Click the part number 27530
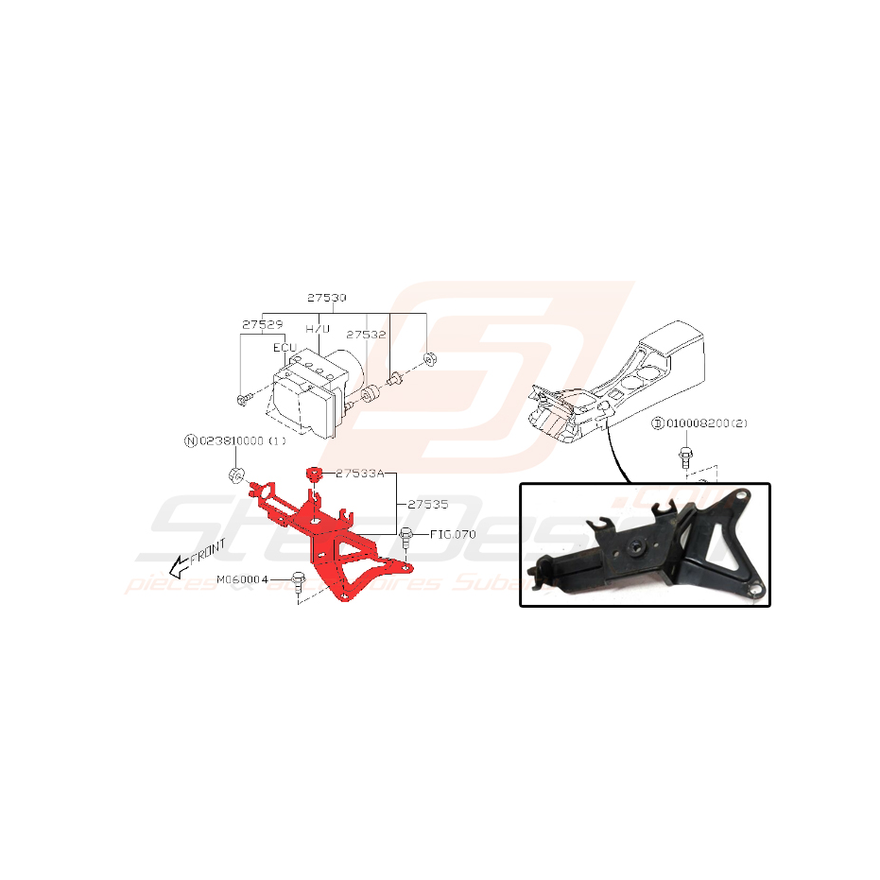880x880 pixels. click(x=326, y=298)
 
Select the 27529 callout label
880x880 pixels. click(x=262, y=323)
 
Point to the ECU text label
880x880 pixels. click(x=285, y=348)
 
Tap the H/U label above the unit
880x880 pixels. click(x=318, y=329)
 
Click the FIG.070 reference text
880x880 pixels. click(x=453, y=534)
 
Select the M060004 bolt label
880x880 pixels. click(x=243, y=578)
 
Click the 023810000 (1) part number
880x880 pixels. click(x=240, y=440)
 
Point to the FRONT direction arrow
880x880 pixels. click(x=193, y=561)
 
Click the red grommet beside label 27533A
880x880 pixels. click(x=313, y=473)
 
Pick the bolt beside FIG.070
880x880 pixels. click(x=406, y=537)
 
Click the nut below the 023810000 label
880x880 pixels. click(x=235, y=472)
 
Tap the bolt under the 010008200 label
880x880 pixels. click(x=684, y=459)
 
